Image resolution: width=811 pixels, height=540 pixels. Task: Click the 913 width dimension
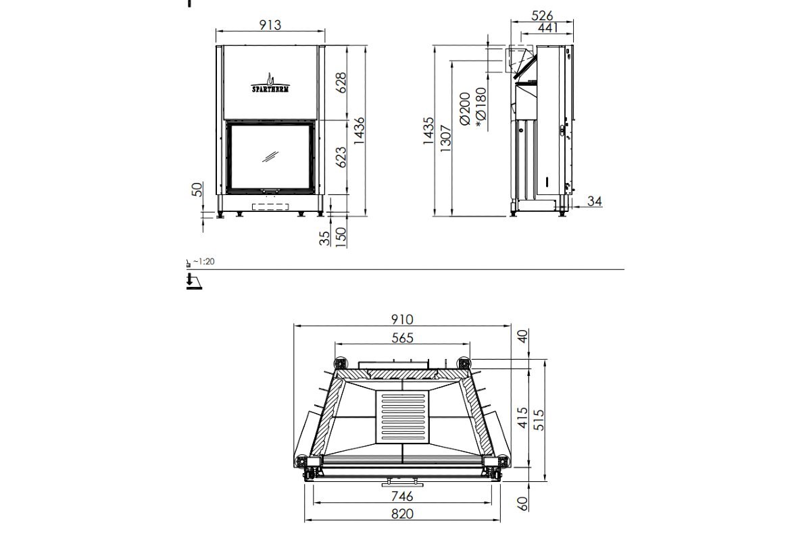[x=270, y=25]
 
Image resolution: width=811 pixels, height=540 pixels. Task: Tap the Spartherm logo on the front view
[x=270, y=84]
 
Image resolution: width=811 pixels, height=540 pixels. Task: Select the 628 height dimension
[x=341, y=82]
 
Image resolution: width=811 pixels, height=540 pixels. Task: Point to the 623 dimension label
[x=341, y=157]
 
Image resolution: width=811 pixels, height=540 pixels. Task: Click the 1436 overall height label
[x=359, y=130]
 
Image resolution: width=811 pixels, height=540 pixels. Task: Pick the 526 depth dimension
[x=542, y=16]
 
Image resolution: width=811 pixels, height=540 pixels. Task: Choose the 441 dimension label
[x=548, y=28]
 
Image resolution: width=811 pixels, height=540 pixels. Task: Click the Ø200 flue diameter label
[x=464, y=109]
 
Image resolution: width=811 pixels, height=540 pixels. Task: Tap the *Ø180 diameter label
[x=481, y=108]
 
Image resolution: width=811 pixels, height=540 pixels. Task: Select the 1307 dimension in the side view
[x=445, y=138]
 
